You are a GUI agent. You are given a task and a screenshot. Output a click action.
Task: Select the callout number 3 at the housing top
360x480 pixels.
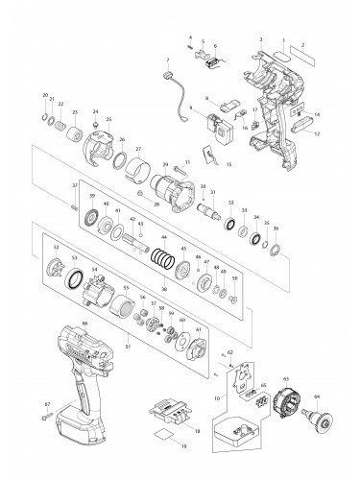pyautogui.click(x=261, y=38)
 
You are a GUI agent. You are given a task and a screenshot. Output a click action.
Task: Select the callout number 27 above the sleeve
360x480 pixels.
pyautogui.click(x=138, y=149)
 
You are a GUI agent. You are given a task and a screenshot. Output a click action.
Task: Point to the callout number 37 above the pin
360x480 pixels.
pyautogui.click(x=74, y=185)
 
